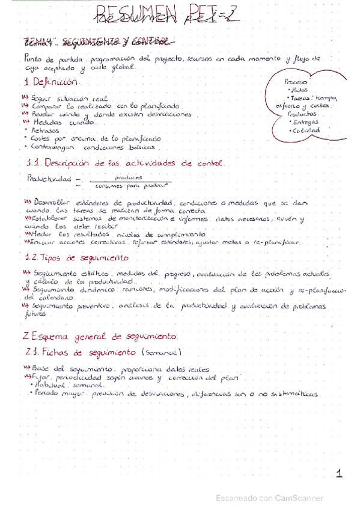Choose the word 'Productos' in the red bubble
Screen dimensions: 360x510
(301, 112)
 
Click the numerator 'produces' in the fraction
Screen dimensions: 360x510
(128, 177)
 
